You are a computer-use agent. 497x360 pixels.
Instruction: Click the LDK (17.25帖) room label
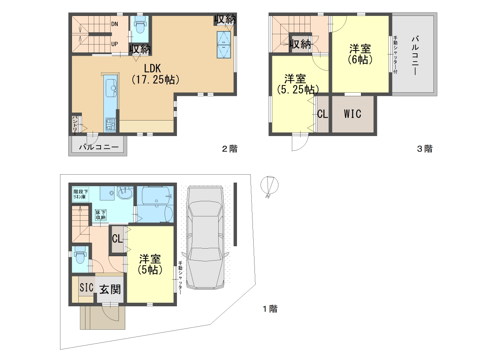pos(155,74)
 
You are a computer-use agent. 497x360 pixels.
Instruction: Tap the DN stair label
pos(115,24)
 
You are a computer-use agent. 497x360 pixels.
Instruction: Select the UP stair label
pos(115,44)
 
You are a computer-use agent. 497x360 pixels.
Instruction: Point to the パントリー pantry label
pos(75,125)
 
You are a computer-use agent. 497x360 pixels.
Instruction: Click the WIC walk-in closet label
pos(353,114)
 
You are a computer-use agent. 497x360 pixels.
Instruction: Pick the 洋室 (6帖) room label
pos(360,54)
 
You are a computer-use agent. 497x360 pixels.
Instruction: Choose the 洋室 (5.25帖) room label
pos(297,84)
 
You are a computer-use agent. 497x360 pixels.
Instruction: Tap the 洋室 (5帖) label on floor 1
pos(150,265)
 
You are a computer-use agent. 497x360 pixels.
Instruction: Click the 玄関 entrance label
pos(110,290)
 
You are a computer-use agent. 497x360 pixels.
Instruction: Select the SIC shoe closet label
pos(86,288)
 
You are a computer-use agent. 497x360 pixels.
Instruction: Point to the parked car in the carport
pos(206,237)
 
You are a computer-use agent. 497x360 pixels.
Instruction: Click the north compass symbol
pos(269,186)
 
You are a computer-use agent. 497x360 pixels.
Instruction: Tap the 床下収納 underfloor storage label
pos(101,215)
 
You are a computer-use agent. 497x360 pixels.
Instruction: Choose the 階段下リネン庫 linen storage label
pos(81,194)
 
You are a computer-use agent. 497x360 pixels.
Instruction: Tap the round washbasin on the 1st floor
pos(125,193)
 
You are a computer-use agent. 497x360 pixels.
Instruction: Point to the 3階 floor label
pos(425,148)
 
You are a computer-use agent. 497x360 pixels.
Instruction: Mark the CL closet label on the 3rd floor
pos(322,114)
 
